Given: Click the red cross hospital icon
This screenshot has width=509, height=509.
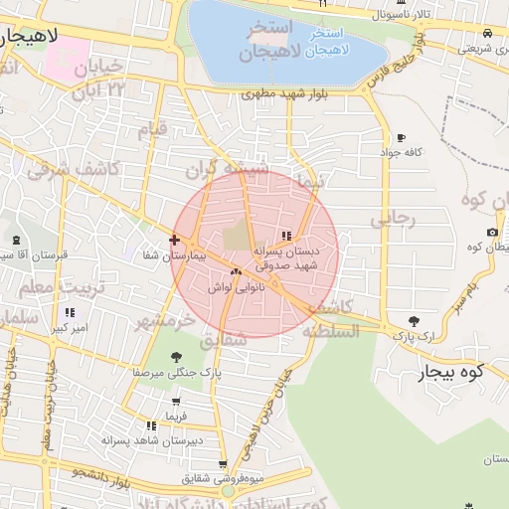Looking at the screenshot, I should [175, 240].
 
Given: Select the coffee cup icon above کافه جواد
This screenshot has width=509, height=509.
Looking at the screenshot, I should [401, 138].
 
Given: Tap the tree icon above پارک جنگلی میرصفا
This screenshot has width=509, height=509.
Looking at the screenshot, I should [177, 357].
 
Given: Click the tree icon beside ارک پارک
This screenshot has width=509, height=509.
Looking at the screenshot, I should [414, 321].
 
